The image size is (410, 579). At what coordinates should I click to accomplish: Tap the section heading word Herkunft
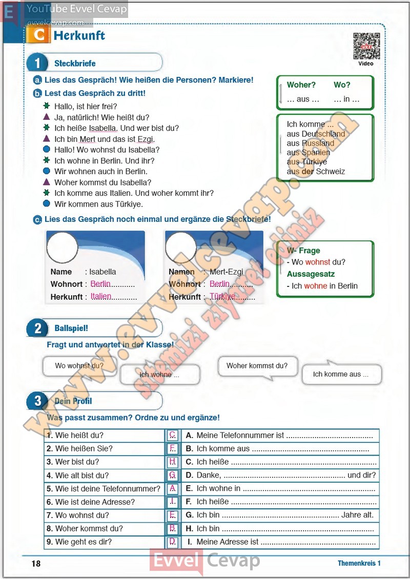coord(79,35)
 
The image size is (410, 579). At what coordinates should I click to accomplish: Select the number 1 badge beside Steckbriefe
coord(37,63)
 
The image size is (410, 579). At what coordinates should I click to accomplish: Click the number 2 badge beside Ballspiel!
coord(37,328)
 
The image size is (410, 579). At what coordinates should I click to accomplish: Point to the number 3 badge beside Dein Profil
coord(37,401)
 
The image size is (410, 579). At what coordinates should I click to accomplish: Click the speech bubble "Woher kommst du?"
coord(257,366)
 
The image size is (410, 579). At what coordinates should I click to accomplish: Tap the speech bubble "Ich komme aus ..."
coord(341,374)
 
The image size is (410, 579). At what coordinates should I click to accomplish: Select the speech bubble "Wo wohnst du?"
coord(79,366)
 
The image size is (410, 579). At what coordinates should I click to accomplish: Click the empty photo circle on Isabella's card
coord(62,247)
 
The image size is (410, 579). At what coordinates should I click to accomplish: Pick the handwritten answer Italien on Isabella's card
coord(101,296)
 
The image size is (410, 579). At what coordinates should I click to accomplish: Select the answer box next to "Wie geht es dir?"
coord(173,542)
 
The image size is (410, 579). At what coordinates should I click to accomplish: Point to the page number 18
coord(36,564)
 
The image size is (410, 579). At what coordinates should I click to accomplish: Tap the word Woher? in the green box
coord(301,85)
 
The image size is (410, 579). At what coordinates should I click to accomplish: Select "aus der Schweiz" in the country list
coord(316,172)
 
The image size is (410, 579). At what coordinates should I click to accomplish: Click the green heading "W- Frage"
coord(303,251)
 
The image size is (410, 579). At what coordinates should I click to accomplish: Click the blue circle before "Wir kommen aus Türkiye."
coord(47,203)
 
